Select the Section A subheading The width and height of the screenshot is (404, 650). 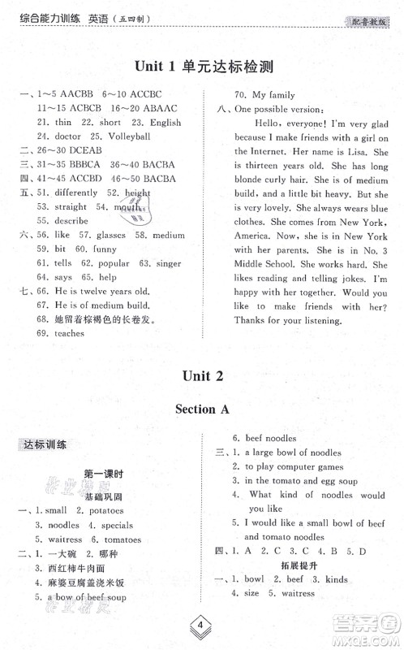point(202,409)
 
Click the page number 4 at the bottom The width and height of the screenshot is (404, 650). point(201,626)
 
